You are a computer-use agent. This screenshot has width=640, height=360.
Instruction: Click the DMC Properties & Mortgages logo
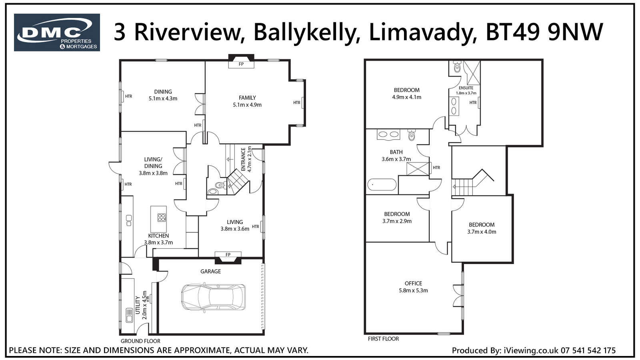[x=57, y=32]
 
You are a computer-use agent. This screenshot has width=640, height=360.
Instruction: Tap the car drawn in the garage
[x=213, y=297]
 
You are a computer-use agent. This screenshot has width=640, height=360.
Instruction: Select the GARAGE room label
[x=210, y=272]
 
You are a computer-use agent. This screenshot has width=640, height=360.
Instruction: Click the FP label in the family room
[x=241, y=64]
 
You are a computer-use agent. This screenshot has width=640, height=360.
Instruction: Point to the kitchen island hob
[x=162, y=218]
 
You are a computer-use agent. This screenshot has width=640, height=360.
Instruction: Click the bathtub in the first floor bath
[x=382, y=185]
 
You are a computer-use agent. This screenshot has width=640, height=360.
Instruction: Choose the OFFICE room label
[x=413, y=284]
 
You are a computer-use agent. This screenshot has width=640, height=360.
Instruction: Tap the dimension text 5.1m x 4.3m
[x=163, y=98]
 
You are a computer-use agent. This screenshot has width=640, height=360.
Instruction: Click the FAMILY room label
[x=247, y=98]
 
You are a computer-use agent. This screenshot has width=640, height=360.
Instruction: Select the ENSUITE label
[x=466, y=88]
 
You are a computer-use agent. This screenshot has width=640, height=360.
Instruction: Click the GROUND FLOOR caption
[x=140, y=341]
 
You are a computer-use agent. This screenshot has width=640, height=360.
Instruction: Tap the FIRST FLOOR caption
[x=383, y=339]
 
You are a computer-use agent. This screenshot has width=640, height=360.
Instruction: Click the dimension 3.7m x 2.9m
[x=397, y=221]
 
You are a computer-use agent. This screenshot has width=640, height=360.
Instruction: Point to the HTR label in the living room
[x=256, y=226]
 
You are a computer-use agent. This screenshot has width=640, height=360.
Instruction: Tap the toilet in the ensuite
[x=457, y=67]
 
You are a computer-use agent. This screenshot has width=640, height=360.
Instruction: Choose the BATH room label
[x=396, y=152]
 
